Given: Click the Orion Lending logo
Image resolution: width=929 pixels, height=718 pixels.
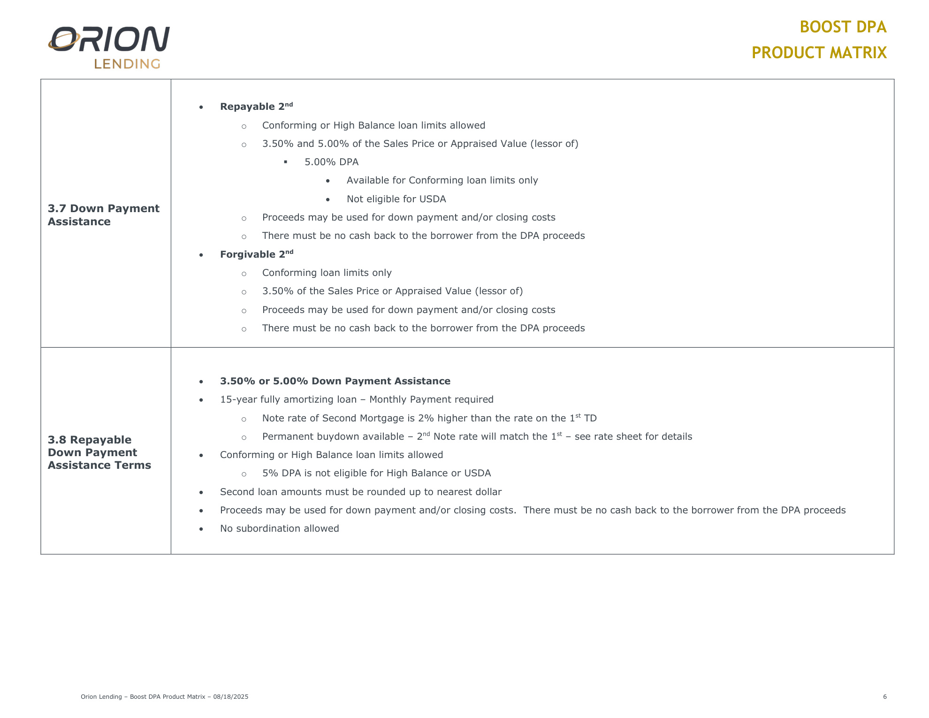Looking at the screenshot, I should click(109, 47).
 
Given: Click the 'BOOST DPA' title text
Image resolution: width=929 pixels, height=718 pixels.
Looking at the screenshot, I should click(843, 27).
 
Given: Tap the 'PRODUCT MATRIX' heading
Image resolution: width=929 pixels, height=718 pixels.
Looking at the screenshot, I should click(819, 53).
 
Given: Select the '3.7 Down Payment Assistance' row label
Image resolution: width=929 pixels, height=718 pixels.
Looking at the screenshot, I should click(103, 215).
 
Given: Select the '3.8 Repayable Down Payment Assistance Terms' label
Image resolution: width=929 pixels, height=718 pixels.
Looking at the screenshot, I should click(99, 452).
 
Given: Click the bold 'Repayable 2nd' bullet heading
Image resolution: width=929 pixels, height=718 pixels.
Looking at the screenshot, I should click(256, 107).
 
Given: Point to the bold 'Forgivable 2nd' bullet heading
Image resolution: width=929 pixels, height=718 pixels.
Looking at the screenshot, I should click(256, 254).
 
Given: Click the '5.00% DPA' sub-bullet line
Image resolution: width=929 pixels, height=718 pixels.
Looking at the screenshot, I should click(331, 162).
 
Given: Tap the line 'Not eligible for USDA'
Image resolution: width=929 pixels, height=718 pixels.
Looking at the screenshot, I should click(396, 199).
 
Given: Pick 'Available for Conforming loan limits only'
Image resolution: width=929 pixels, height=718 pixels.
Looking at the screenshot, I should click(442, 180).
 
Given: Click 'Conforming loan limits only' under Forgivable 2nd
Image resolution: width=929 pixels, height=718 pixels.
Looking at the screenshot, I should click(327, 273).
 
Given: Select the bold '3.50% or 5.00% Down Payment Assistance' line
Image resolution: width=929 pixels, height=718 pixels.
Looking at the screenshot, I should click(335, 381).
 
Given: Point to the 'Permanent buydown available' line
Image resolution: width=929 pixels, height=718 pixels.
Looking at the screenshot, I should click(477, 436).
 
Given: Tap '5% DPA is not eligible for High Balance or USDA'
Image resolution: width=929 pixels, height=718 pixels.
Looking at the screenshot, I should click(376, 473).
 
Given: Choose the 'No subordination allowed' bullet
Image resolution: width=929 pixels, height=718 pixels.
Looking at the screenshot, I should click(279, 528).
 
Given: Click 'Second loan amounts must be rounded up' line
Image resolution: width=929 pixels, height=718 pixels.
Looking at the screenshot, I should click(360, 492).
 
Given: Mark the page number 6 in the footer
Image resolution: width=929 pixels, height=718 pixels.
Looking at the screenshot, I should click(885, 697).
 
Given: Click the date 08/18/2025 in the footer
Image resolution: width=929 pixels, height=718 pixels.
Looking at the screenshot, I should click(230, 697).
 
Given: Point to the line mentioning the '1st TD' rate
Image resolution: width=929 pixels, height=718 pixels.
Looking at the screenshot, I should click(429, 418).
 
